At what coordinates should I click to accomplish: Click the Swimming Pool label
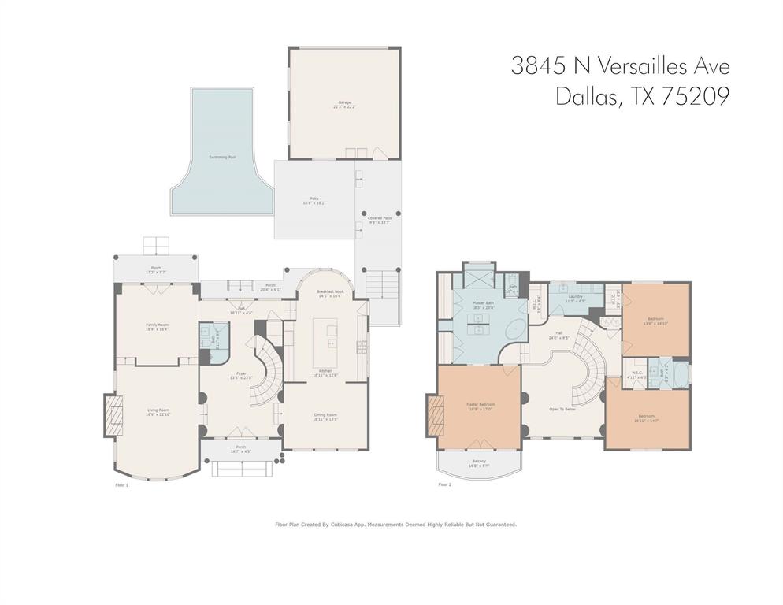click(x=222, y=157)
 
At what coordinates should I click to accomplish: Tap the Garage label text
click(x=344, y=103)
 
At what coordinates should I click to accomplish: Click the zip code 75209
click(x=696, y=96)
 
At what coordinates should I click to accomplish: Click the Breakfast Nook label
click(x=329, y=291)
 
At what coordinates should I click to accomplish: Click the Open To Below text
click(x=562, y=410)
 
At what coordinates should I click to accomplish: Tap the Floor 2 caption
click(x=444, y=485)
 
